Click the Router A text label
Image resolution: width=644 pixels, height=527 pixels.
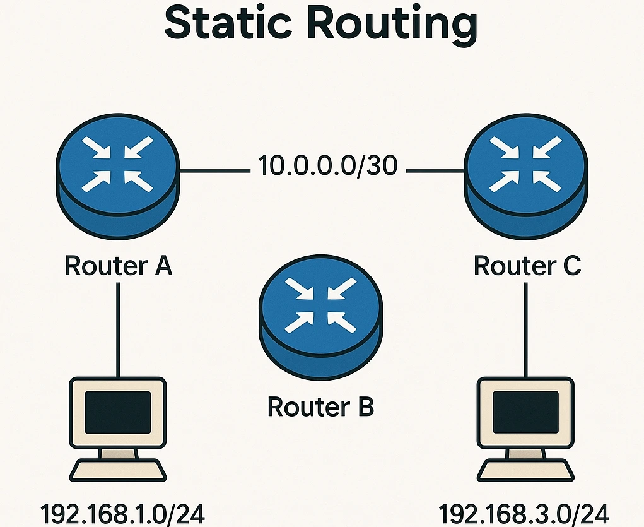pyautogui.click(x=119, y=266)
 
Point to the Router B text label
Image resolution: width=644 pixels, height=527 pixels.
pyautogui.click(x=321, y=407)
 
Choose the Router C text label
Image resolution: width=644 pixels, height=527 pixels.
pyautogui.click(x=527, y=266)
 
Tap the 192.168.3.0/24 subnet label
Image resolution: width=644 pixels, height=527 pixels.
pyautogui.click(x=524, y=512)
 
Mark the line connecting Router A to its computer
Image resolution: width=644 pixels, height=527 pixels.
pyautogui.click(x=118, y=328)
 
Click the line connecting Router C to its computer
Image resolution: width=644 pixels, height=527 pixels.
pyautogui.click(x=526, y=328)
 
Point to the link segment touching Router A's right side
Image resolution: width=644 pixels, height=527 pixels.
pyautogui.click(x=211, y=170)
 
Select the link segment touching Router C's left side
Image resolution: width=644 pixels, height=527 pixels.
pyautogui.click(x=435, y=170)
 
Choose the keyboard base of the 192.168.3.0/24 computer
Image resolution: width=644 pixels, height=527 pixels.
pyautogui.click(x=525, y=470)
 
